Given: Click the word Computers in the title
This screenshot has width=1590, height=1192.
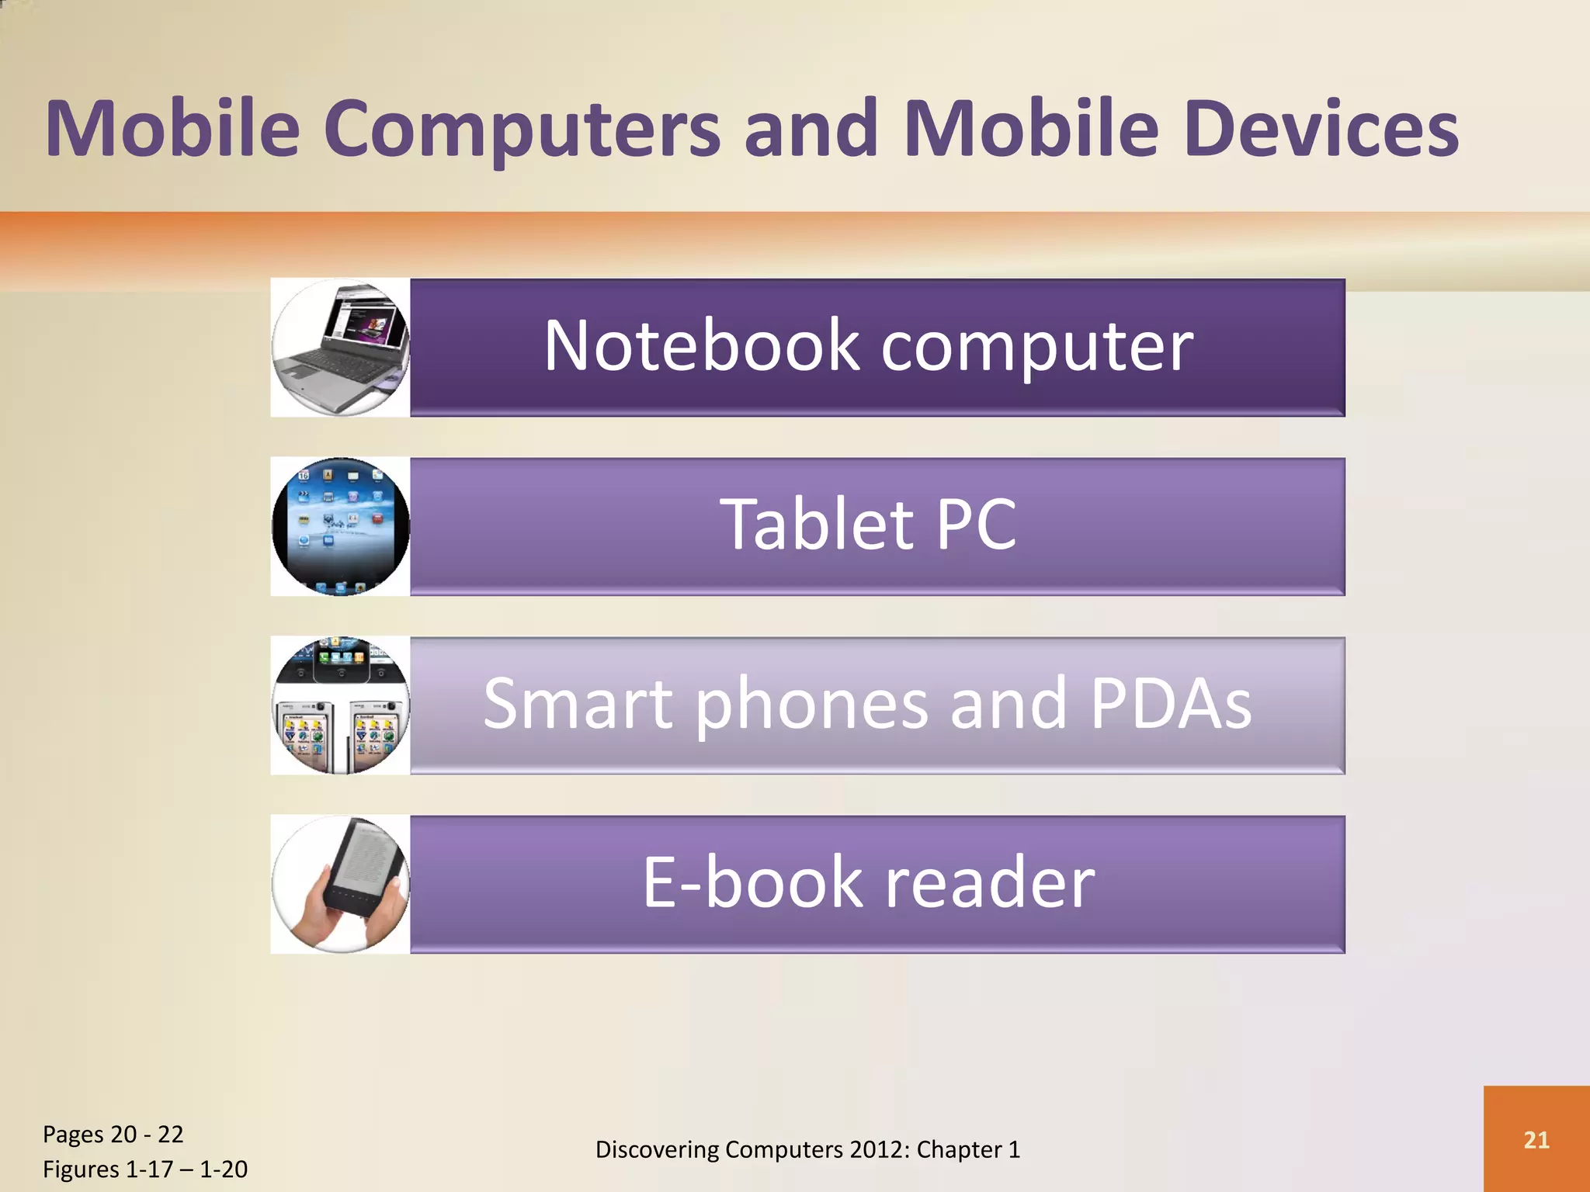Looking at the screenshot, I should point(522,129).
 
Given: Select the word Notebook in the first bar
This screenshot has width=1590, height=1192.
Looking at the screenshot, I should point(701,346).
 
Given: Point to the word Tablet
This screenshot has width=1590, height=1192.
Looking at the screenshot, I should point(818,525).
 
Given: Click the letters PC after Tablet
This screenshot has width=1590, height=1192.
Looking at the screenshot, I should point(976,525).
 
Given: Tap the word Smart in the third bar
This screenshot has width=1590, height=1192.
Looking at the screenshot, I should point(578,704).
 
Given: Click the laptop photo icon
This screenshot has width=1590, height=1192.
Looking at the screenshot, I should point(340,348).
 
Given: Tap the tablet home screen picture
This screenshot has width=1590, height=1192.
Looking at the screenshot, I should point(340,526).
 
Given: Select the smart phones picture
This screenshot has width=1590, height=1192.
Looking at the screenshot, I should point(340,705).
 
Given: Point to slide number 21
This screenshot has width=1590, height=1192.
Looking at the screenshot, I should point(1536,1139).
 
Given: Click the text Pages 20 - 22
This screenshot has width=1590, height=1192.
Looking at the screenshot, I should point(113,1135).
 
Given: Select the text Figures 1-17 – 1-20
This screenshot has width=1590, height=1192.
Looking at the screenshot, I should point(145,1169).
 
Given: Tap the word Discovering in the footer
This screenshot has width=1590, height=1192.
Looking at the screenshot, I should point(657,1149).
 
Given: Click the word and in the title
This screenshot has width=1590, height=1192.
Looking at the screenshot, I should point(811,129).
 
